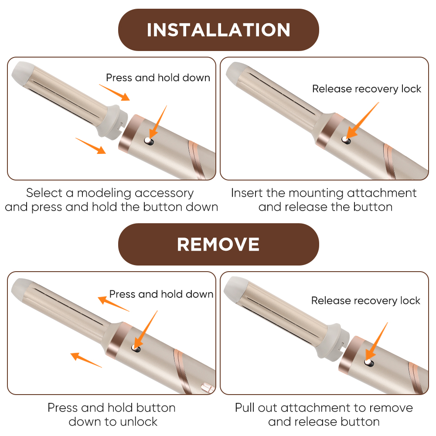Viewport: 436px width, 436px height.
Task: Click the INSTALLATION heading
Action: pos(218,30)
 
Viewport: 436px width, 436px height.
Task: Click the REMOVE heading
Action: pos(218,245)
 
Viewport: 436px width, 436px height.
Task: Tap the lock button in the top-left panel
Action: pos(149,141)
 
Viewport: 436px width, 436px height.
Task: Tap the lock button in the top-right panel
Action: pos(346,140)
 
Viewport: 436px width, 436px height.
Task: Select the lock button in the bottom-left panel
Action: pos(136,348)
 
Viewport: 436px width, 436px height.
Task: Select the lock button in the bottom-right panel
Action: pos(369,362)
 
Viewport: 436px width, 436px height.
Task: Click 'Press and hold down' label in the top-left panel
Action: pos(158,78)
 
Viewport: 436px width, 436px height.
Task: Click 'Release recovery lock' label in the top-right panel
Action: pos(367,89)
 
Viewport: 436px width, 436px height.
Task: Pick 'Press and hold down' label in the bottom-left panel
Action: pos(161,294)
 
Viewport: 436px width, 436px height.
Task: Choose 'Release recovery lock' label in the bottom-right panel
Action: pos(366,300)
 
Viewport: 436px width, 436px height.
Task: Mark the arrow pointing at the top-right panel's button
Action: pos(363,120)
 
